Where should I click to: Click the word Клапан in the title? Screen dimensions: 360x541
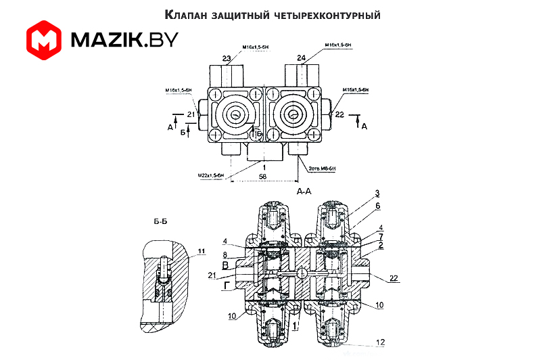(186, 14)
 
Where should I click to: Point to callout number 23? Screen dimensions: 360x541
(225, 58)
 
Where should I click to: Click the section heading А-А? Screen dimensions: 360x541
(304, 192)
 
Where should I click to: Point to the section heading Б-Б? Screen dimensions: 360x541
(161, 221)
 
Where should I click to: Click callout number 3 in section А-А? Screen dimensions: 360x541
(377, 194)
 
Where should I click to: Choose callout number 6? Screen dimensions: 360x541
(378, 206)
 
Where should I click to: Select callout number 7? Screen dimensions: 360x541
(381, 236)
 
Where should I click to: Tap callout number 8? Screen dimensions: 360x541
(225, 254)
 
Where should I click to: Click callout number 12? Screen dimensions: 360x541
(381, 341)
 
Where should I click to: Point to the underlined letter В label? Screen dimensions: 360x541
(225, 266)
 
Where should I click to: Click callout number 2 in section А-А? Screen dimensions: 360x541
(381, 244)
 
